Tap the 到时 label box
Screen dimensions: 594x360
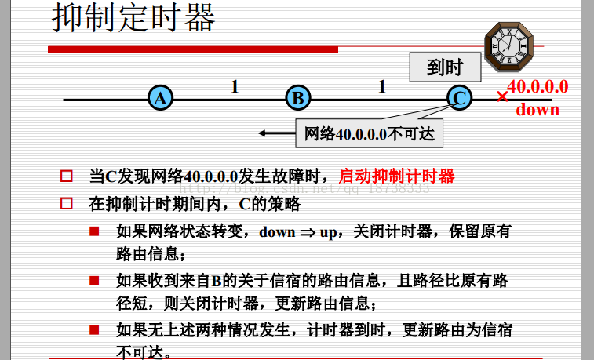click(x=444, y=68)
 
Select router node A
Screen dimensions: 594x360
click(x=160, y=99)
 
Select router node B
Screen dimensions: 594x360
click(x=297, y=99)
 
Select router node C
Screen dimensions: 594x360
click(x=459, y=99)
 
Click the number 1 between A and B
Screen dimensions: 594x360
click(x=234, y=86)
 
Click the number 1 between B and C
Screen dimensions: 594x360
click(x=382, y=86)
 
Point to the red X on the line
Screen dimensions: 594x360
click(x=502, y=97)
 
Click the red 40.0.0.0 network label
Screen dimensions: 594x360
click(x=538, y=87)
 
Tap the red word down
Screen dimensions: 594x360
click(x=538, y=109)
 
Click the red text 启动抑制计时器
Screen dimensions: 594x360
click(x=396, y=176)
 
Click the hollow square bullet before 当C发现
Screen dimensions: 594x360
click(x=67, y=176)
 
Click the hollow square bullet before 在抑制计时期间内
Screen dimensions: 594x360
click(x=67, y=204)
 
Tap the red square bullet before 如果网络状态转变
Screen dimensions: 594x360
click(x=94, y=231)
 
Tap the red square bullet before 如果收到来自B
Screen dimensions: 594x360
click(x=94, y=280)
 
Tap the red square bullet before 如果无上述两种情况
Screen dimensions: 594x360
click(x=94, y=329)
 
